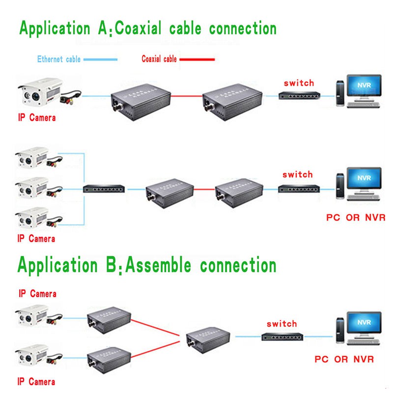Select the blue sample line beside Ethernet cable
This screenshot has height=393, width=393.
(101, 59)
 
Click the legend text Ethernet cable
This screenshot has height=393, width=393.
(59, 59)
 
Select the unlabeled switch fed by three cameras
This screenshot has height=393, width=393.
(104, 188)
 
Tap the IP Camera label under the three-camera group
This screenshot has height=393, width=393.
(36, 239)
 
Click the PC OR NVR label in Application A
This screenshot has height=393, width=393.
(356, 217)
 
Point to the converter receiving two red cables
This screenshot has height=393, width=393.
(208, 338)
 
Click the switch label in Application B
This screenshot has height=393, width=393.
(281, 324)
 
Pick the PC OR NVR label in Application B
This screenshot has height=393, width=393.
(344, 359)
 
